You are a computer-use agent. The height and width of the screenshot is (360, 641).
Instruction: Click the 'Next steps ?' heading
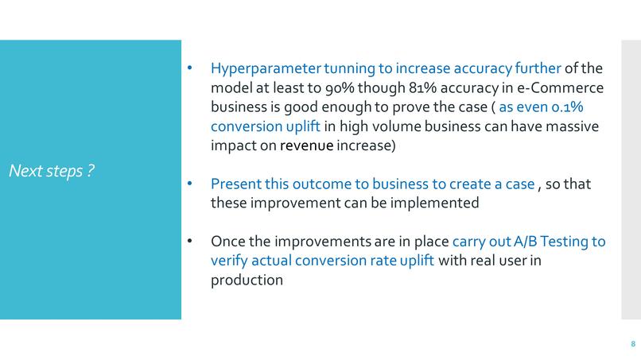[x=52, y=170]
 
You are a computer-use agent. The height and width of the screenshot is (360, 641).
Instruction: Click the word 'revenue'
[x=306, y=145]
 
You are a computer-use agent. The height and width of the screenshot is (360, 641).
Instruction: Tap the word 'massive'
[x=573, y=126]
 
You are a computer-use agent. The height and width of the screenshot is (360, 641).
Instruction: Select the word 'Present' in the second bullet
[x=235, y=184]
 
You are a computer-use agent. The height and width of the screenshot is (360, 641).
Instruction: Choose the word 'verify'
[x=231, y=261]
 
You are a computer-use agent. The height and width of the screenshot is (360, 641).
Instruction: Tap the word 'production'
[x=247, y=281]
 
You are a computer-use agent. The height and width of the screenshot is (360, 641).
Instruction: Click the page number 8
[x=632, y=344]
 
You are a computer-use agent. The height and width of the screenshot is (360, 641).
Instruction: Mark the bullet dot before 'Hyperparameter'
[x=189, y=68]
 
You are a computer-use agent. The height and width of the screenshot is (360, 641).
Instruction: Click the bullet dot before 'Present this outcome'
[x=189, y=184]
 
